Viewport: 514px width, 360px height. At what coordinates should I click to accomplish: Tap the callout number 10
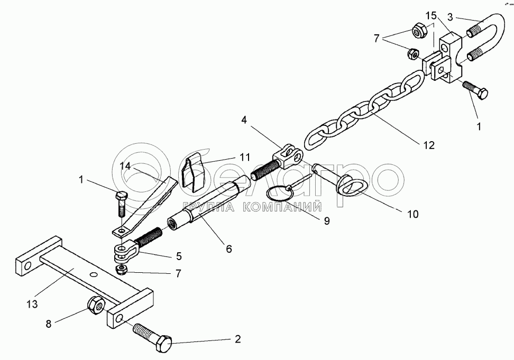[x=412, y=214]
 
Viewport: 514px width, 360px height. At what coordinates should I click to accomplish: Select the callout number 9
[x=326, y=221]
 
